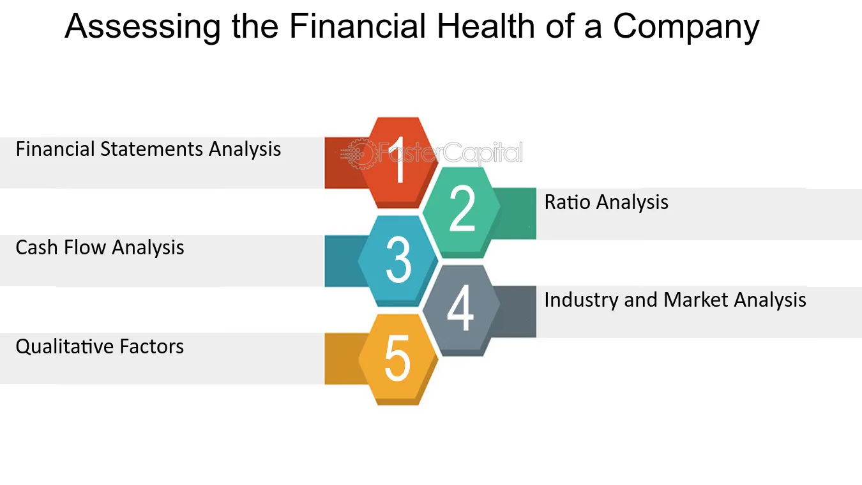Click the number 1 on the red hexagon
[x=398, y=160]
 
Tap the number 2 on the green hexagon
[x=462, y=208]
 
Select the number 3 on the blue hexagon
[x=398, y=259]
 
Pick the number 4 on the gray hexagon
[x=460, y=308]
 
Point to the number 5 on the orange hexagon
[x=397, y=358]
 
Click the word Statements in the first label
[x=151, y=149]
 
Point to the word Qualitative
[x=64, y=347]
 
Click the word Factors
[x=151, y=346]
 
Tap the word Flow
[x=85, y=247]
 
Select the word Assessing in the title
[x=142, y=27]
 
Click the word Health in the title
[x=485, y=26]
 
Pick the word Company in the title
[x=686, y=27]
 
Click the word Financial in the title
[x=357, y=26]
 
